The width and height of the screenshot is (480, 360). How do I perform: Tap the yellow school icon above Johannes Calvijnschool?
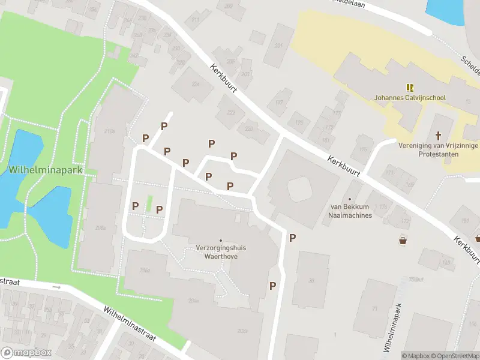click(411, 87)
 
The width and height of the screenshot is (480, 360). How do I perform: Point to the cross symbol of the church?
click(438, 136)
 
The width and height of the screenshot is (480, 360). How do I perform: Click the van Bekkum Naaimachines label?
click(347, 211)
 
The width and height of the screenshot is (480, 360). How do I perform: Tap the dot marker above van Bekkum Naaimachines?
click(349, 199)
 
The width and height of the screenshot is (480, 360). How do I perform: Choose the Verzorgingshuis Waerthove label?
click(221, 251)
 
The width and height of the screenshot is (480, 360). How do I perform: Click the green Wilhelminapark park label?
click(44, 170)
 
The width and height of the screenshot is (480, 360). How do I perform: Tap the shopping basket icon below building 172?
click(403, 241)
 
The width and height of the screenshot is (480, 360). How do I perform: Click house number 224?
click(195, 84)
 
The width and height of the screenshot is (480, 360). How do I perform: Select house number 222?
click(231, 112)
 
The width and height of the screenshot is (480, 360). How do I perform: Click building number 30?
click(311, 280)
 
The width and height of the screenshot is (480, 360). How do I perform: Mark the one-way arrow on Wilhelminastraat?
click(56, 287)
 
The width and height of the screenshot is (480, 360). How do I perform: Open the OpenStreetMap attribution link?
click(453, 356)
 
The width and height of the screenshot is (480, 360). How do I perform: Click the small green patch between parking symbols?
click(149, 203)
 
